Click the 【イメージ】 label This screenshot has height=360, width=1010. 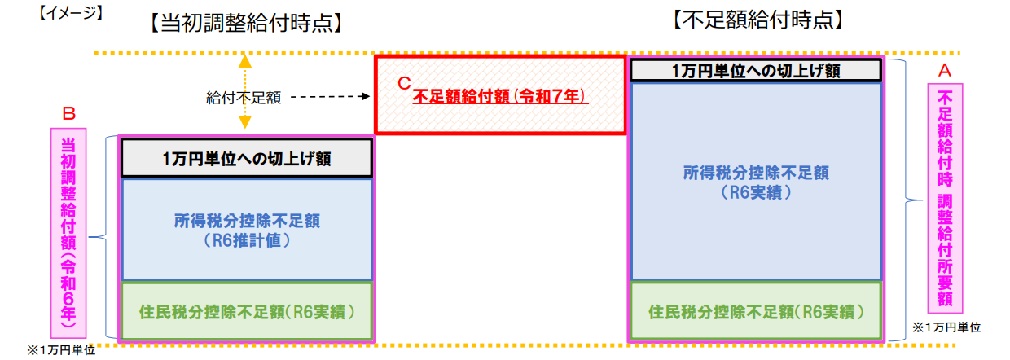click(71, 13)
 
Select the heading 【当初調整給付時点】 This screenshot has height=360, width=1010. click(246, 23)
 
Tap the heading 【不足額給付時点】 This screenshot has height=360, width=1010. click(758, 20)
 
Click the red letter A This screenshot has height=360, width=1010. click(945, 70)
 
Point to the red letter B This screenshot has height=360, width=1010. click(68, 114)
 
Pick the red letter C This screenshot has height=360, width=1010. click(404, 83)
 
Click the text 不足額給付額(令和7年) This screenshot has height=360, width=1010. click(500, 96)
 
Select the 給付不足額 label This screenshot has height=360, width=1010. click(244, 98)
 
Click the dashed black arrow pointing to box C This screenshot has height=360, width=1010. click(331, 96)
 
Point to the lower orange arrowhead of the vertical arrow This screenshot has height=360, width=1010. click(245, 122)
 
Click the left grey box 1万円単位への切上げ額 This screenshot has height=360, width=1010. click(247, 158)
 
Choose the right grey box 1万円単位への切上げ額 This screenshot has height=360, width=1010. click(756, 71)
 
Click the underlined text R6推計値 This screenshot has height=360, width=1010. click(247, 240)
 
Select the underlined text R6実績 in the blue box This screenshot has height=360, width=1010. click(756, 193)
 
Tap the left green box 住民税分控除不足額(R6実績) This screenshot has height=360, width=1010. click(247, 311)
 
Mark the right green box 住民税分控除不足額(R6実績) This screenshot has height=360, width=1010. click(756, 311)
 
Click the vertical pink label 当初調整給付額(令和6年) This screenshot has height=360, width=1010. click(68, 233)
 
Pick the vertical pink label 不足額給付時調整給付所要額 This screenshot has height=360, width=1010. click(945, 199)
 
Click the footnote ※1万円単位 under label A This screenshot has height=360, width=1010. click(946, 327)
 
